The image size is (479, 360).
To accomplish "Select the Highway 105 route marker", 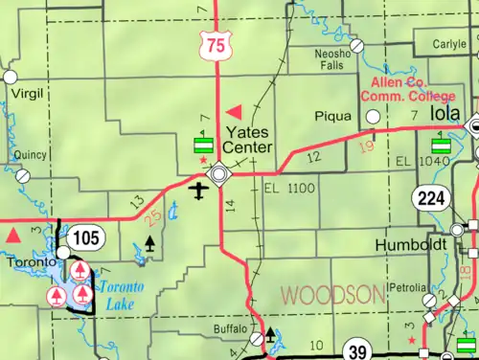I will pyautogui.click(x=83, y=236).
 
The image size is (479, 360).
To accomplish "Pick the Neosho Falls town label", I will pyautogui.click(x=332, y=61).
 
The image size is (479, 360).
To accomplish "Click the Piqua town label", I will pyautogui.click(x=332, y=117).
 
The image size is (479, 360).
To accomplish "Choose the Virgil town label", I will pyautogui.click(x=27, y=94).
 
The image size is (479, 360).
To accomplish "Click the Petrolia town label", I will pyautogui.click(x=407, y=287).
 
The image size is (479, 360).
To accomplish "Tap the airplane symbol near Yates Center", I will pyautogui.click(x=199, y=191).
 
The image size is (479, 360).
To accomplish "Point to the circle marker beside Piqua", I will pyautogui.click(x=372, y=117).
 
